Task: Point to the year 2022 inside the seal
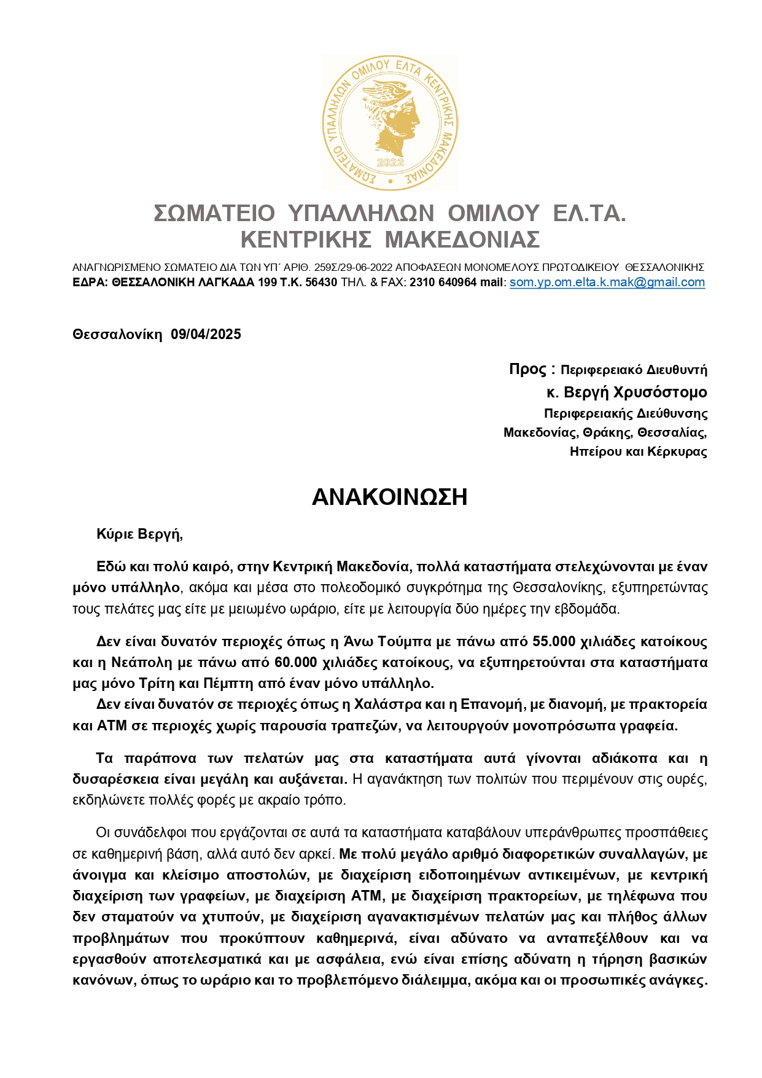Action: (390, 162)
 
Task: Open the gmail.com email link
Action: (607, 283)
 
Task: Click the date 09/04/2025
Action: (206, 335)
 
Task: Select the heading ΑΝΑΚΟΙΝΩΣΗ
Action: (390, 497)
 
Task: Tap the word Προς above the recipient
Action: (527, 369)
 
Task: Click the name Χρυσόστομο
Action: (660, 393)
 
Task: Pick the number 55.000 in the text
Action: (554, 642)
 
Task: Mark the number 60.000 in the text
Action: (296, 663)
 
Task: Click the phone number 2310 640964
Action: (443, 283)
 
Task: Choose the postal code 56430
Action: (321, 283)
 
